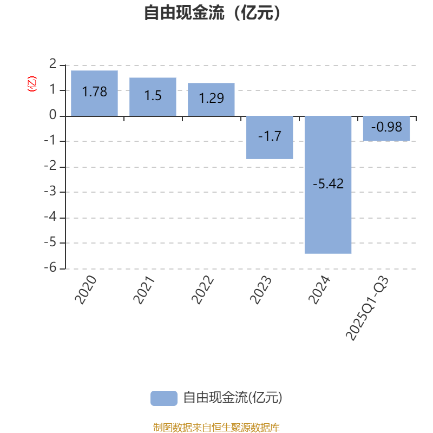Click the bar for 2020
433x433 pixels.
(x=94, y=93)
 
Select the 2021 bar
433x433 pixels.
(x=153, y=97)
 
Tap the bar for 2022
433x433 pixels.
(x=211, y=100)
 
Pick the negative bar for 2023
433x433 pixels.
(x=270, y=137)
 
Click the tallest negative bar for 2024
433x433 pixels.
(x=328, y=185)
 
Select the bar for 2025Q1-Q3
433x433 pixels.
(x=386, y=128)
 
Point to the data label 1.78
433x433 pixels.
(x=94, y=91)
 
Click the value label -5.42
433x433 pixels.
(x=328, y=184)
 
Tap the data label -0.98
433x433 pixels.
(x=386, y=127)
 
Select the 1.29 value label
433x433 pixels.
(x=211, y=98)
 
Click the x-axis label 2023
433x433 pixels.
(x=261, y=290)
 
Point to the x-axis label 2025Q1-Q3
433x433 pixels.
(x=368, y=308)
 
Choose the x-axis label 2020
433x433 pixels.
(x=86, y=290)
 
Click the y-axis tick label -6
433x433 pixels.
(x=50, y=267)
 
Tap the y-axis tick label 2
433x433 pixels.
(x=53, y=64)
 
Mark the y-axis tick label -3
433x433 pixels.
(x=50, y=192)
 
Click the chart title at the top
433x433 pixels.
(x=212, y=12)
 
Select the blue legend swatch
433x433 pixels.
(x=164, y=398)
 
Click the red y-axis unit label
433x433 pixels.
(x=32, y=84)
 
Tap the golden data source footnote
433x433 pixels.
(x=216, y=427)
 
